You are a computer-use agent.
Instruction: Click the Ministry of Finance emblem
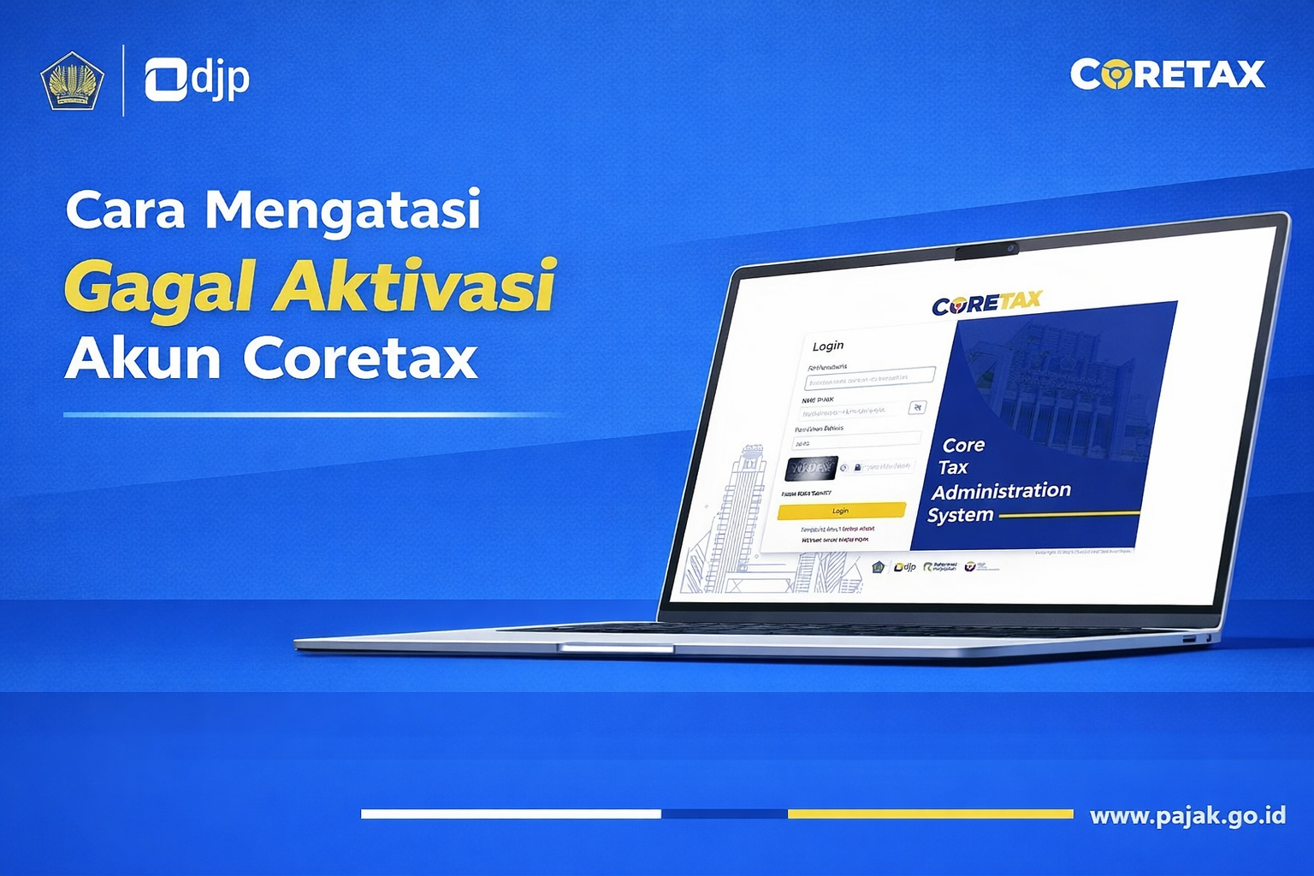72,81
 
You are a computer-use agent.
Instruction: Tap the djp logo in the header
197,80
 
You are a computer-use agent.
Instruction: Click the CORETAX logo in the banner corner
1167,74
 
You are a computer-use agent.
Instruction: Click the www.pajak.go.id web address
1187,815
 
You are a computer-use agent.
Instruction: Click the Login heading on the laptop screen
827,346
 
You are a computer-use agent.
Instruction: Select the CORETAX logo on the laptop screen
986,303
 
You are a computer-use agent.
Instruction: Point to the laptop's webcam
1011,249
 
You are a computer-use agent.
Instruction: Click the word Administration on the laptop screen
1001,491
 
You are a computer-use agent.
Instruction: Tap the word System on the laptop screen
960,515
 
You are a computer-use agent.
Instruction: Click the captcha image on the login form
810,468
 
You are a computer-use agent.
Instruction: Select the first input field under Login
869,377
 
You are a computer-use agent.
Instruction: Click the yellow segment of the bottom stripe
930,814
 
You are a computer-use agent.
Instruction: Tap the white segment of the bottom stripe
511,814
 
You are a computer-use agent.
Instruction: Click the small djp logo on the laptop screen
904,567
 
